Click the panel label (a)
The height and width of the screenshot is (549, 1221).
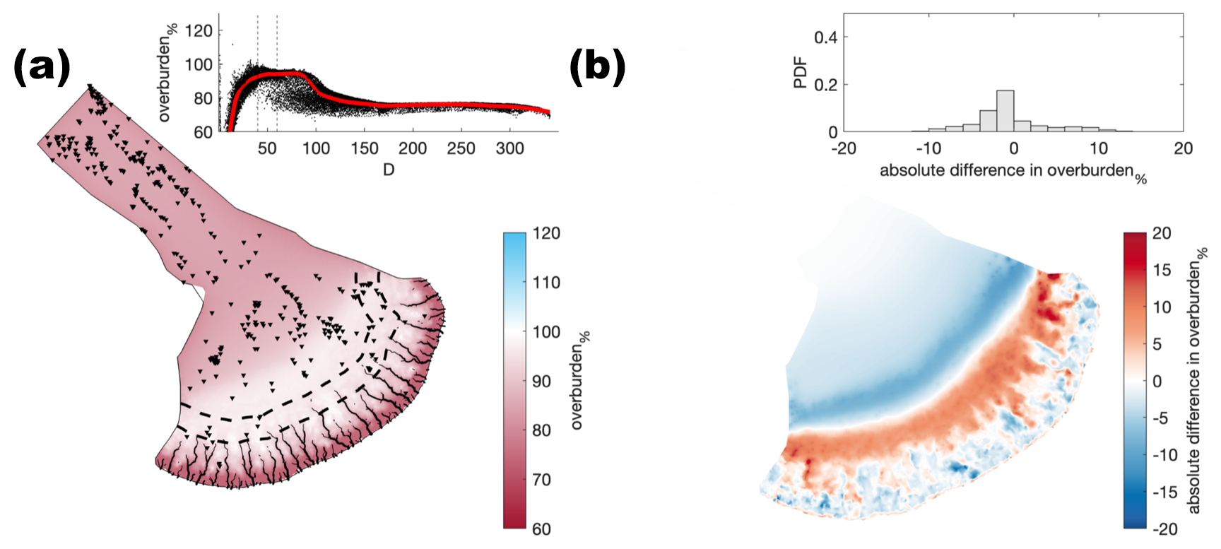click(x=42, y=68)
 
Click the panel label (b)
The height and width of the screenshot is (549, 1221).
click(x=598, y=68)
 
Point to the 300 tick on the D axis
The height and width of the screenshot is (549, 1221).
click(x=510, y=148)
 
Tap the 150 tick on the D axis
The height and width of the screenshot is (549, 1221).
click(x=365, y=148)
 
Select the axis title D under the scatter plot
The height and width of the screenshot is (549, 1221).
click(x=389, y=170)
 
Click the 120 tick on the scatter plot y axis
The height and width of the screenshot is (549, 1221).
click(x=199, y=31)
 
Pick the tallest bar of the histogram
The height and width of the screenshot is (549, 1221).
click(x=1005, y=111)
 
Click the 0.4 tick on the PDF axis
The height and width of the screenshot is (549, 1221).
click(x=825, y=37)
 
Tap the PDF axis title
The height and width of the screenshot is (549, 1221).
click(x=801, y=73)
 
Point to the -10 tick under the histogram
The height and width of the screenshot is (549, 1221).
click(x=928, y=148)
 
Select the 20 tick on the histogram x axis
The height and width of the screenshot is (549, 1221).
click(x=1183, y=148)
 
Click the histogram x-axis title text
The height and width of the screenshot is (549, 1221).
click(x=1013, y=172)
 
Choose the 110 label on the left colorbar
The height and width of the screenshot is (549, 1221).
click(x=546, y=283)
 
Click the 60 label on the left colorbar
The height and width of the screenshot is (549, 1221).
click(x=542, y=529)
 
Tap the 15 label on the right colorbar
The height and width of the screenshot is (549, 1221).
click(x=1162, y=270)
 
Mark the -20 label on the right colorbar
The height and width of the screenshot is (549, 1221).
click(x=1164, y=529)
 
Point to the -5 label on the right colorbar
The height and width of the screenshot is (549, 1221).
click(x=1161, y=418)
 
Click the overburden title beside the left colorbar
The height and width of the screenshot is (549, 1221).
click(x=579, y=380)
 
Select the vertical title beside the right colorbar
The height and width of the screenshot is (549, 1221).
click(x=1197, y=380)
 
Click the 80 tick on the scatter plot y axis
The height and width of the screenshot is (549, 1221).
click(x=203, y=99)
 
